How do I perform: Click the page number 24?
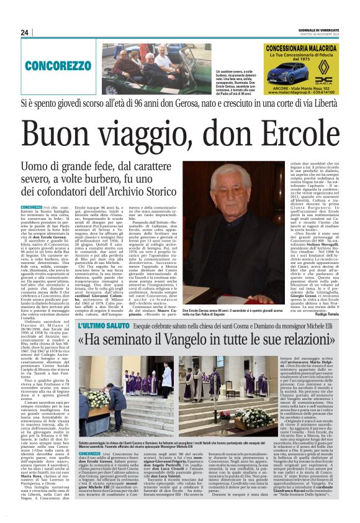pyautogui.click(x=25, y=32)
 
